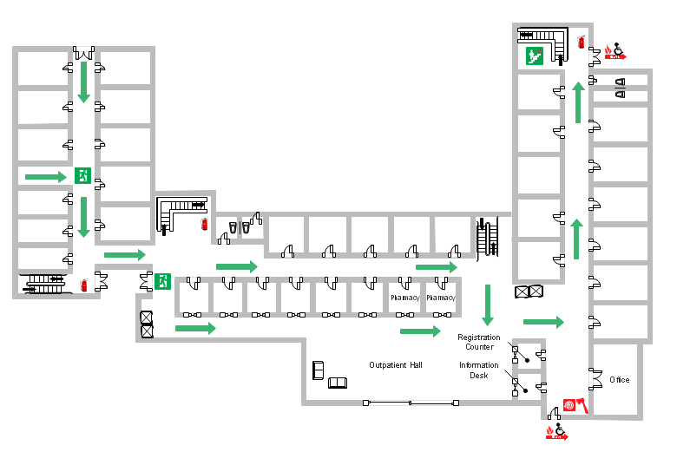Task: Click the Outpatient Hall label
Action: click(x=395, y=365)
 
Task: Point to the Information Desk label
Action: click(x=479, y=370)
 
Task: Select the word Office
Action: click(x=619, y=380)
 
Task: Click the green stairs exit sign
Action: click(x=533, y=56)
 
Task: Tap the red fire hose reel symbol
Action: click(x=569, y=405)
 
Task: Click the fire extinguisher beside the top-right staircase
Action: click(x=581, y=41)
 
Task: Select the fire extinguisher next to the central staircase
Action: click(x=204, y=224)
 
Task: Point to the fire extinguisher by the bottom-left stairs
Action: click(x=84, y=285)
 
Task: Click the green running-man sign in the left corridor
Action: click(x=82, y=175)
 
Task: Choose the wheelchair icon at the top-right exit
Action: click(x=618, y=49)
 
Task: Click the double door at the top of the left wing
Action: click(x=83, y=50)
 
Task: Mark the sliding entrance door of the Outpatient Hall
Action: click(x=411, y=403)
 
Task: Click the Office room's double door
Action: click(x=595, y=378)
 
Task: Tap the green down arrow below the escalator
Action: click(x=488, y=304)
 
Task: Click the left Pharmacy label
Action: click(x=404, y=298)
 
